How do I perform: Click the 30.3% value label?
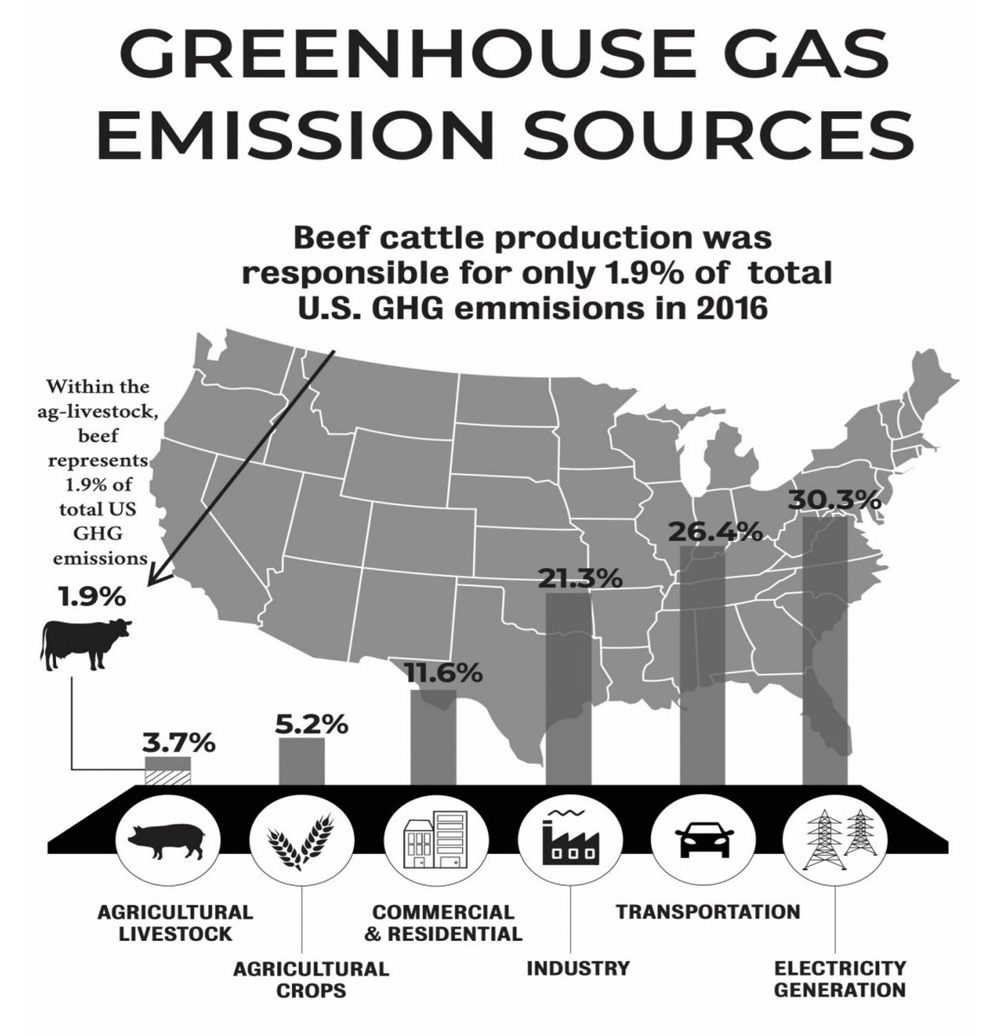point(834,501)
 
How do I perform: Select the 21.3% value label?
point(579,578)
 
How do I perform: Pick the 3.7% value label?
point(179,742)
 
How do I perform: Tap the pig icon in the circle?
point(168,839)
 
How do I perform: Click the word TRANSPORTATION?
point(707,912)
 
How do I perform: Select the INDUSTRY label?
point(579,967)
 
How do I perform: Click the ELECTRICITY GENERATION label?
point(839,977)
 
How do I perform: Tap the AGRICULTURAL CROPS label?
point(311,978)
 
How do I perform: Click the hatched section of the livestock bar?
point(168,775)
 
